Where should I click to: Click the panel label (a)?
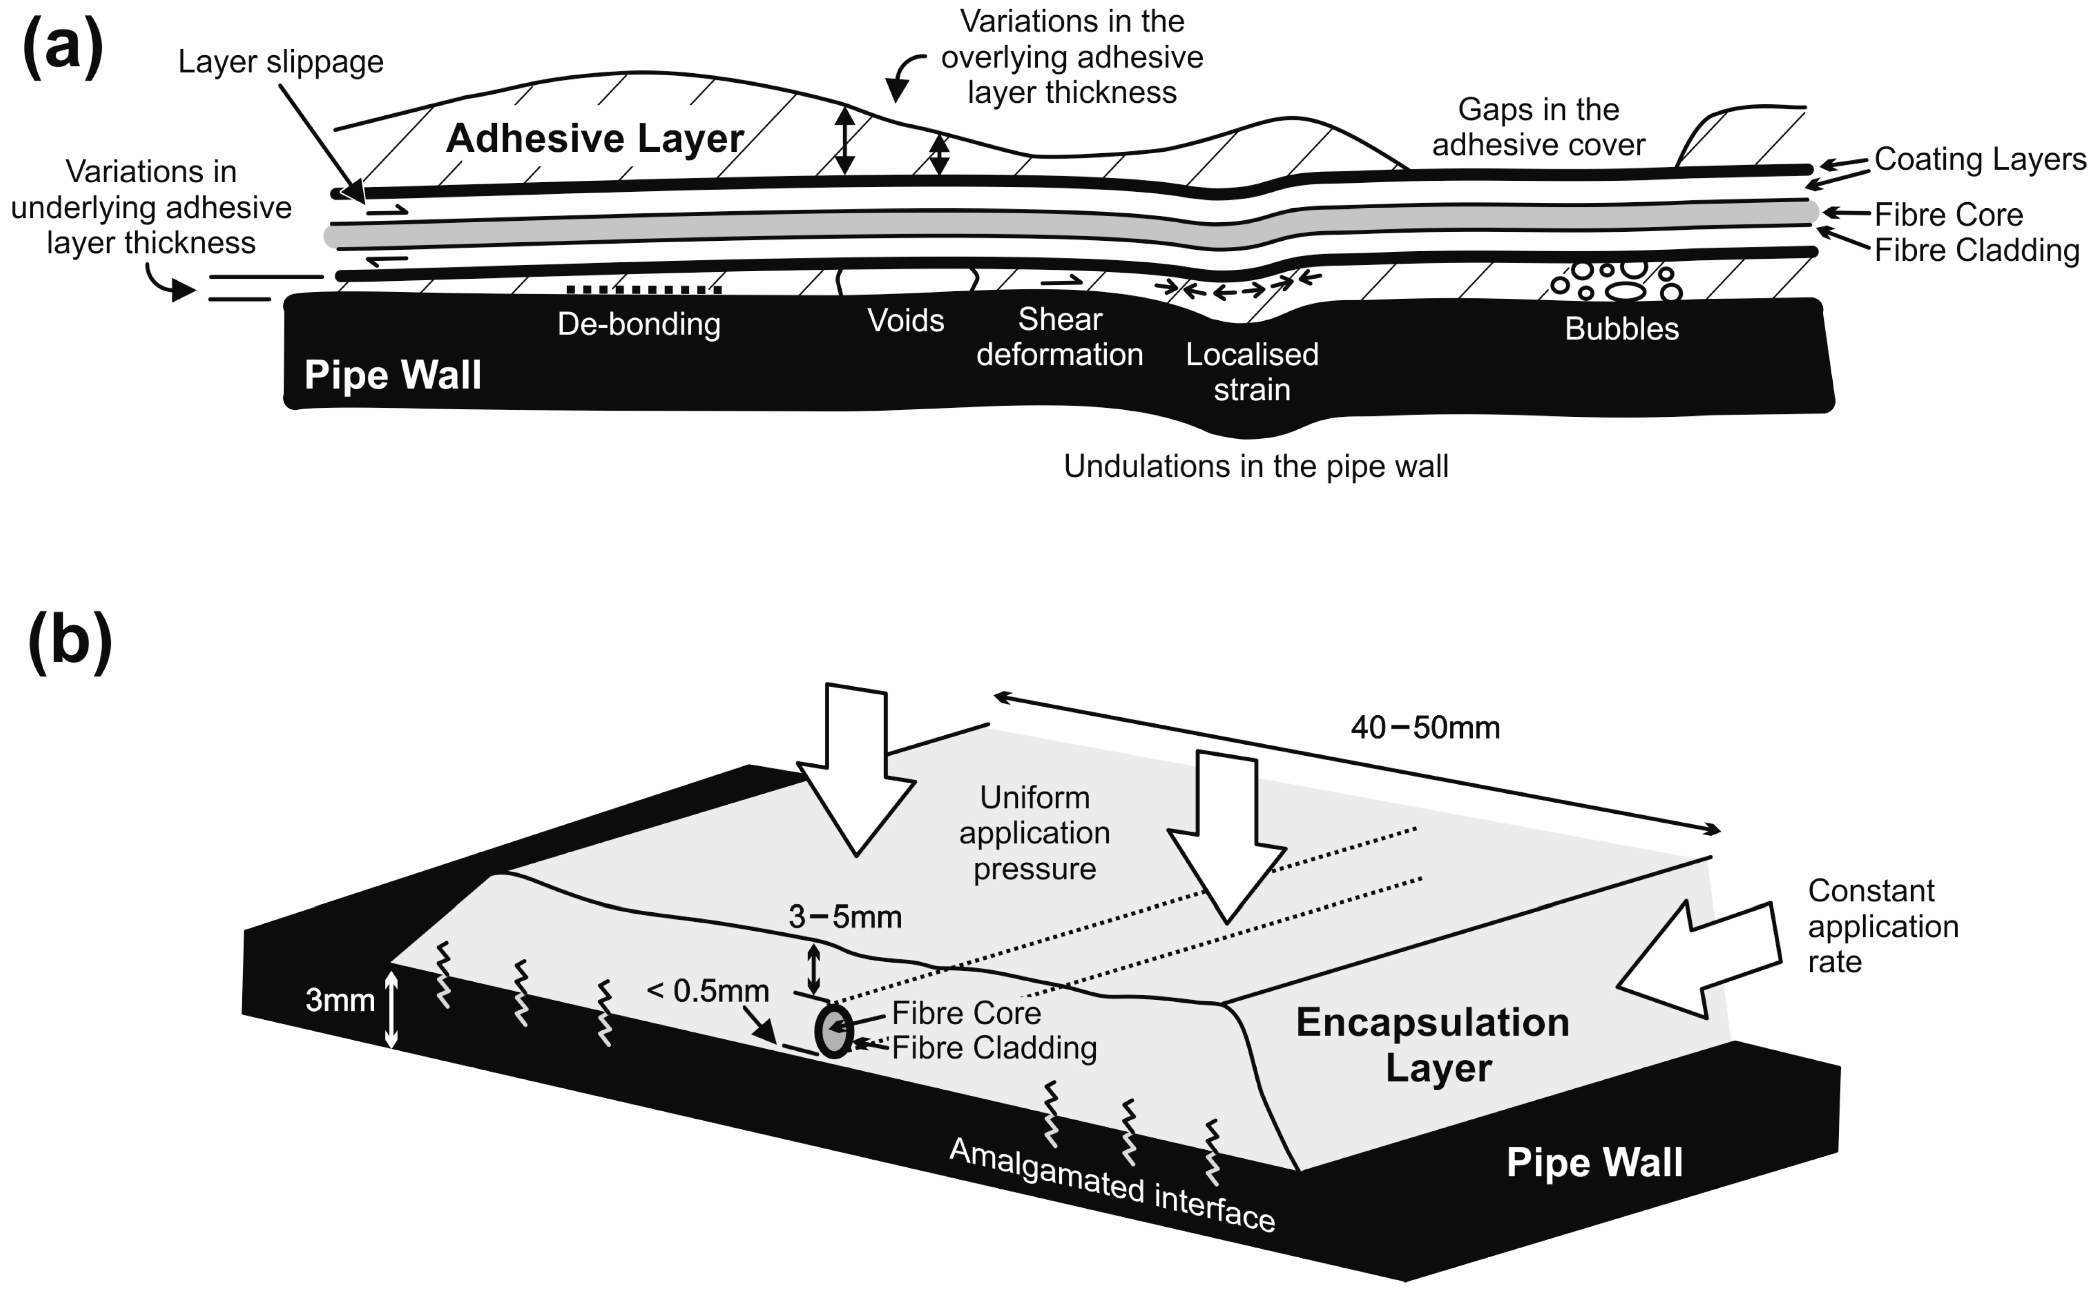(x=62, y=47)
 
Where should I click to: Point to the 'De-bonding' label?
(x=638, y=325)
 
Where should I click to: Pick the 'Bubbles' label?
(x=1621, y=329)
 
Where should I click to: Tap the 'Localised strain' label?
(x=1252, y=372)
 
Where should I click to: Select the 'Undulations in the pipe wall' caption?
(x=1256, y=466)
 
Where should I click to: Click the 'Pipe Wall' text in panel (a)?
(x=392, y=375)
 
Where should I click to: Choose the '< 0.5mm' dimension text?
(x=708, y=991)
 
